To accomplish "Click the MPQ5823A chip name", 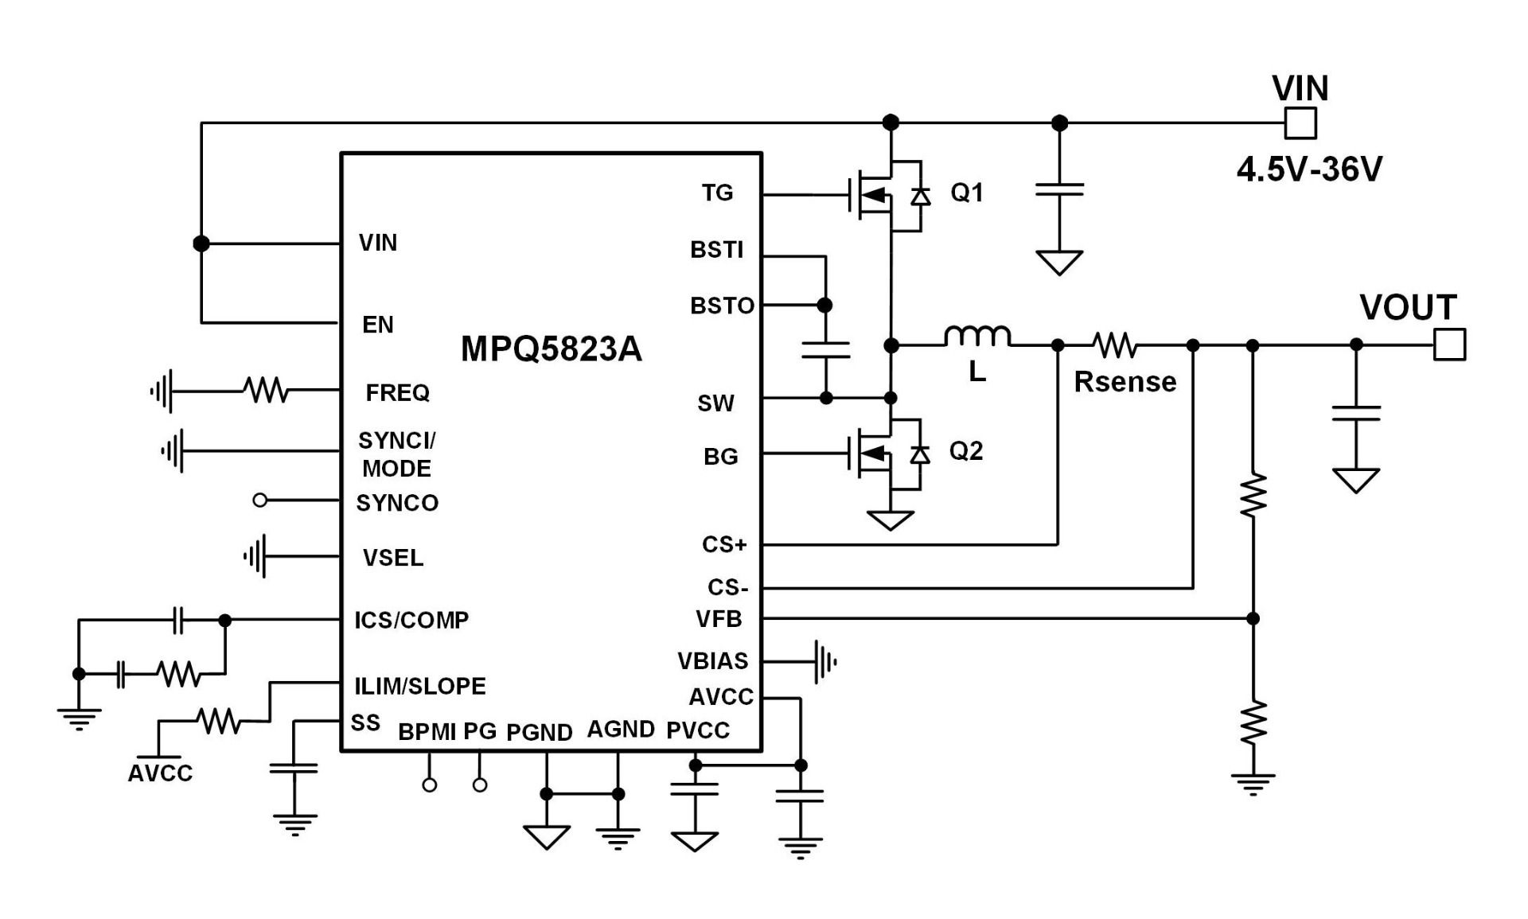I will [551, 349].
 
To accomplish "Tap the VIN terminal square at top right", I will [1300, 123].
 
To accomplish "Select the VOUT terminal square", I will [1449, 345].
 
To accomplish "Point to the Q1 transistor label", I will [967, 192].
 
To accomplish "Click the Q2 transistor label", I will [966, 451].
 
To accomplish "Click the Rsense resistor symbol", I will [1115, 345].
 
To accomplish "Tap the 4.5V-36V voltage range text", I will [1309, 169].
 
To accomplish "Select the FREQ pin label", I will [397, 392].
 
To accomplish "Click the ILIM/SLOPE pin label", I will [419, 686].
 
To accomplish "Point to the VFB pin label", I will [719, 619].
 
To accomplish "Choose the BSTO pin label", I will [722, 306].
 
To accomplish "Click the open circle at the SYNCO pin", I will [260, 500].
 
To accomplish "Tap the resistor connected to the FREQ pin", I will [267, 391].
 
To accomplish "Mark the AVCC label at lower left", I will [160, 773].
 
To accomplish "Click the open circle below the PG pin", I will [480, 785].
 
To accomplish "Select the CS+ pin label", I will [724, 545].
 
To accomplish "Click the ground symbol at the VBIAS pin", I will [824, 661].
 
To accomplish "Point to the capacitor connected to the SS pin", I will [294, 769].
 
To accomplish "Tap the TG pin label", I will [717, 193].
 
